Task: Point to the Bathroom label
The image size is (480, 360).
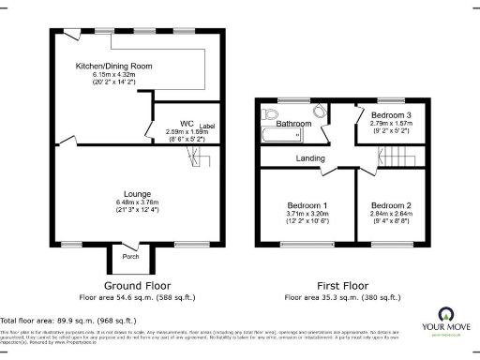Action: click(x=292, y=123)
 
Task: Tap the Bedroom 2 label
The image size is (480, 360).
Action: click(x=391, y=205)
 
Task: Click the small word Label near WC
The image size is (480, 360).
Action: click(x=206, y=126)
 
